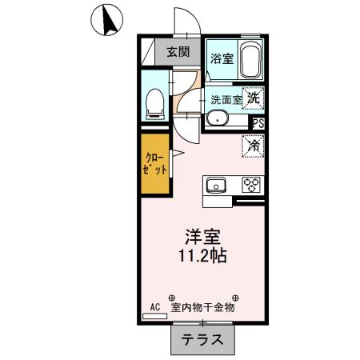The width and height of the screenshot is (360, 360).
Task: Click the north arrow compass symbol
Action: [106, 19]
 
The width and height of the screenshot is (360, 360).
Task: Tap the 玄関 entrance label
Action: [178, 53]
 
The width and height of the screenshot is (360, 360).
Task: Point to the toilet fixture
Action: [156, 102]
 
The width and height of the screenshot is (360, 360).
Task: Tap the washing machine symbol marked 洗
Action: [253, 98]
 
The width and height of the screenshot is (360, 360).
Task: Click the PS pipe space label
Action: [258, 123]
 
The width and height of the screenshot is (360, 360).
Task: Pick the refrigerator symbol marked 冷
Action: [253, 146]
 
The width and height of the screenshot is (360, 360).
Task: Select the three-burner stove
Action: [252, 186]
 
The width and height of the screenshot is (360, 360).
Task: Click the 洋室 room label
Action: [203, 238]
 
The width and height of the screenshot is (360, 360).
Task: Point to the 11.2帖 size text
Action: [203, 257]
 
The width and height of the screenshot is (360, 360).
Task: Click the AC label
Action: [156, 306]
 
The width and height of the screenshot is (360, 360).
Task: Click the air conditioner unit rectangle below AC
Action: [154, 316]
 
